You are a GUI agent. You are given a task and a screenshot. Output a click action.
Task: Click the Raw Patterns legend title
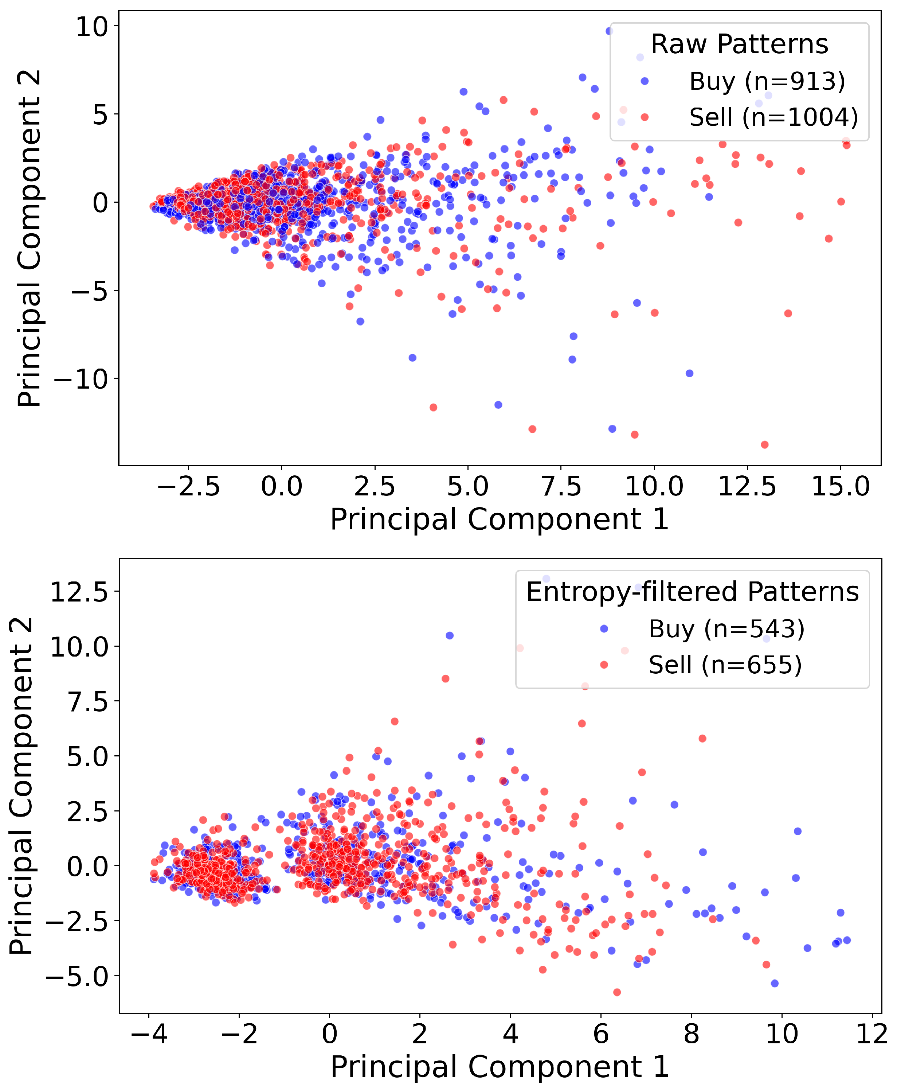[739, 44]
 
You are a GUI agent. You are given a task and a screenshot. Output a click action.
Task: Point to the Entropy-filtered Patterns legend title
[692, 592]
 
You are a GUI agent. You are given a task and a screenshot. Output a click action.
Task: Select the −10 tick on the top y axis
[81, 379]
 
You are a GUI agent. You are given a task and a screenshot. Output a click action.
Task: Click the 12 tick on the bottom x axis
[872, 1034]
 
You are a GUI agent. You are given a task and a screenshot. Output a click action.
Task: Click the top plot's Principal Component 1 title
[499, 519]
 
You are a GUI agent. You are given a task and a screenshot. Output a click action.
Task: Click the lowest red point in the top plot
[765, 445]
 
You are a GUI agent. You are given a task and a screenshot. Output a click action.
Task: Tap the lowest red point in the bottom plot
[617, 992]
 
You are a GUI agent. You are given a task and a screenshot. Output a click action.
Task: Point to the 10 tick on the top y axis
[91, 27]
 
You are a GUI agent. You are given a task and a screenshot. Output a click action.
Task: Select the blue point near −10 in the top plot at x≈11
[689, 373]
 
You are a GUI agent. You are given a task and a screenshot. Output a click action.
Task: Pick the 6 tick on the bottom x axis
[600, 1034]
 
